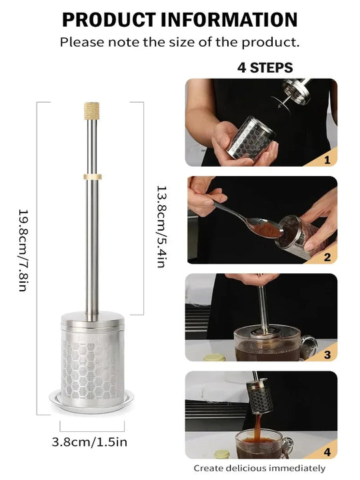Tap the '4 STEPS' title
click(x=265, y=68)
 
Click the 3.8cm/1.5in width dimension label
click(x=91, y=441)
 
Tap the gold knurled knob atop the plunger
click(x=91, y=111)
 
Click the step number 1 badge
click(x=327, y=159)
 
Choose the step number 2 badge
click(x=327, y=257)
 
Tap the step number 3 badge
click(x=327, y=355)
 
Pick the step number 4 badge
click(x=327, y=451)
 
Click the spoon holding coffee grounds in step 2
click(x=253, y=223)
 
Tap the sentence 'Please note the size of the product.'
click(x=180, y=42)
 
